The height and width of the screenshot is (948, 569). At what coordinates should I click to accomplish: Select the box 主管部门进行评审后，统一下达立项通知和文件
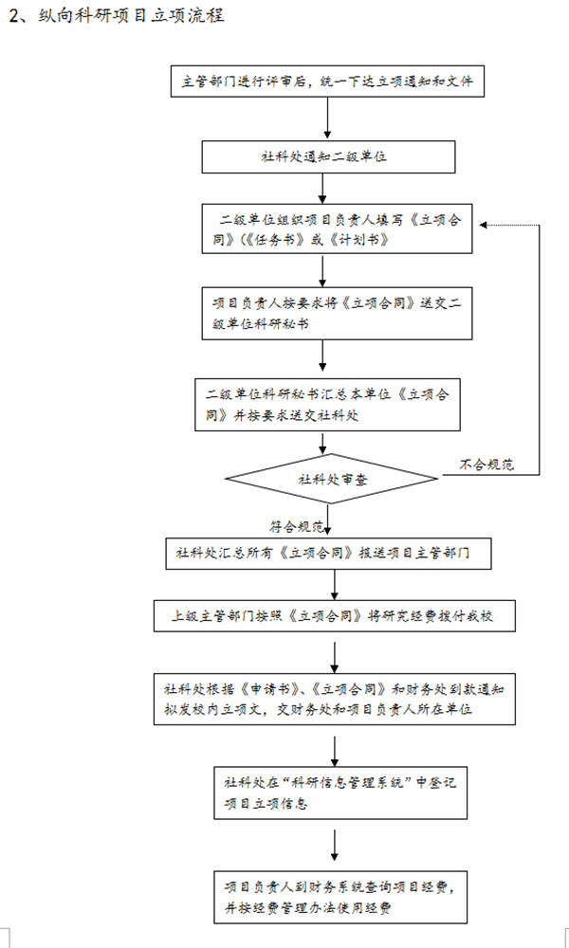(328, 81)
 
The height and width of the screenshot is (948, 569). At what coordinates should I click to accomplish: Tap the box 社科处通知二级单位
(323, 156)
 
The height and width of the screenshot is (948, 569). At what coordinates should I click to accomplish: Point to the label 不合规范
(486, 465)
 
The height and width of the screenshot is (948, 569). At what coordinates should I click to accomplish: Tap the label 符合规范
(296, 525)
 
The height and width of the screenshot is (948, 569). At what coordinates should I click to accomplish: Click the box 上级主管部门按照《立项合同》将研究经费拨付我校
(337, 616)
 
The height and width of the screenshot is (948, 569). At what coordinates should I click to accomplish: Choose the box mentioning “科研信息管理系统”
(340, 792)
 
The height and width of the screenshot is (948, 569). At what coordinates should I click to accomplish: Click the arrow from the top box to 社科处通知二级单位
(327, 118)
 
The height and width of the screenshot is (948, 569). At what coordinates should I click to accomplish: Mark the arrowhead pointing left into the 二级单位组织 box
(484, 226)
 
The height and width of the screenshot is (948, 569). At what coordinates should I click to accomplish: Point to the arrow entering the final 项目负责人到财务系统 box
(336, 846)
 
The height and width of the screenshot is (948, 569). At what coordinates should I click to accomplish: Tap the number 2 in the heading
(12, 17)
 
